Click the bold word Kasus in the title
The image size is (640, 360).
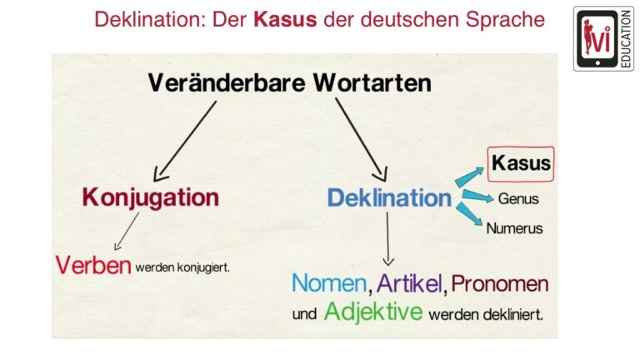point(285,19)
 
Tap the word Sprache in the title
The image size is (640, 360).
point(505,20)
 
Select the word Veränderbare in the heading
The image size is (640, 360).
point(227,82)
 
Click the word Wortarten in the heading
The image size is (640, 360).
point(372,82)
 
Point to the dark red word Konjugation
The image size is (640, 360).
point(151,198)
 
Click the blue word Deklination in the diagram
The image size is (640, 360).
point(389,198)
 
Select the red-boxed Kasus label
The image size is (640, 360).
point(521,163)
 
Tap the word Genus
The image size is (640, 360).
point(518,199)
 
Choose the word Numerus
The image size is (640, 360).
point(514,228)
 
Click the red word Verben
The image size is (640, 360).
point(93,265)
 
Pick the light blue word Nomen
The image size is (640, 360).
point(329,282)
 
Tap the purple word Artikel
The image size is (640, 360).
point(409,282)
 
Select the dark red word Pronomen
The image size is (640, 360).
point(500,283)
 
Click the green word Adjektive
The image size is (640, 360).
point(373,312)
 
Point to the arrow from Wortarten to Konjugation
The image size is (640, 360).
point(185,141)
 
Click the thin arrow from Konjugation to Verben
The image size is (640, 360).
point(127,231)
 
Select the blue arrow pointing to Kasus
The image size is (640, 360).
point(469,177)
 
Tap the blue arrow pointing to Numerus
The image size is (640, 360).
point(469,214)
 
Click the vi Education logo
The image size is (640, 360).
point(603,39)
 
